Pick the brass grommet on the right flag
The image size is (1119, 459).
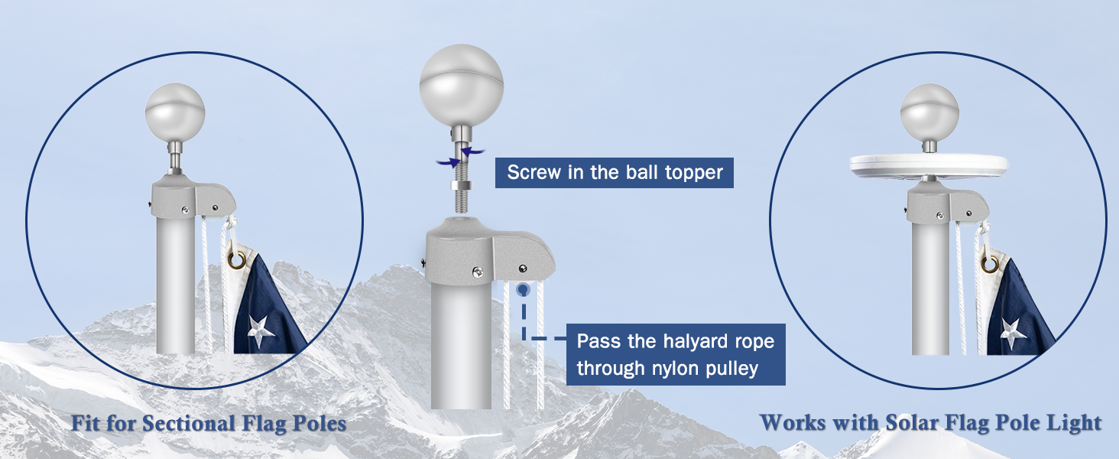pyautogui.click(x=991, y=265)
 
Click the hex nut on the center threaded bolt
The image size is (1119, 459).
pyautogui.click(x=459, y=186)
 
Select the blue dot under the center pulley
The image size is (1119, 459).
pyautogui.click(x=524, y=290)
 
